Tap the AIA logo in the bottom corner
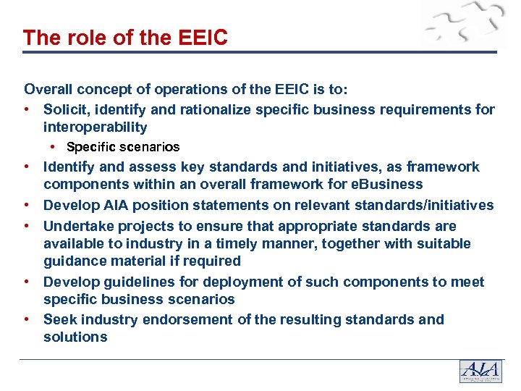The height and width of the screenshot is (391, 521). pos(480,371)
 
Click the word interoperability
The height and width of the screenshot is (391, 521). pos(95,127)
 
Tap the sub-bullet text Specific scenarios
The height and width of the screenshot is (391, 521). pos(123,147)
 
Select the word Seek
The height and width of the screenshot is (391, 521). pos(60,319)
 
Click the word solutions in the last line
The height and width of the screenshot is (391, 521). pos(75,337)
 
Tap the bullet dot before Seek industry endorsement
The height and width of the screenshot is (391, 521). pos(26,319)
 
